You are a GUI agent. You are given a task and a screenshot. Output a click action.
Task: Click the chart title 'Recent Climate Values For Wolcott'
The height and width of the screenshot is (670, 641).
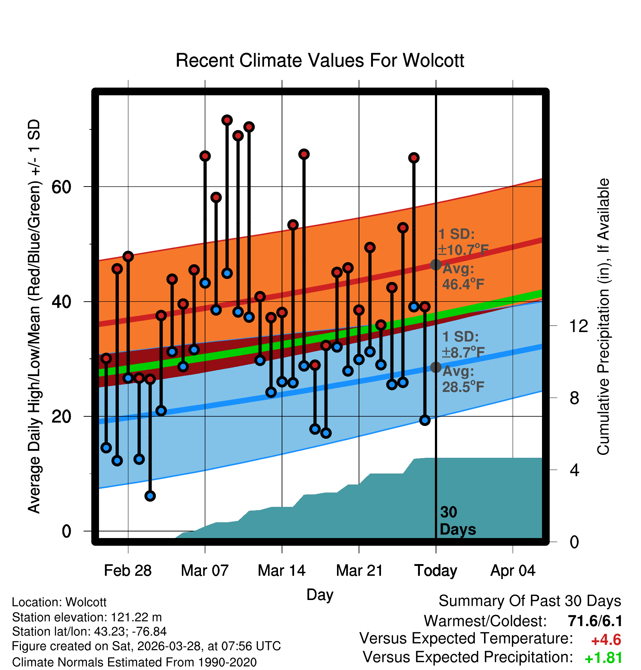[x=320, y=60]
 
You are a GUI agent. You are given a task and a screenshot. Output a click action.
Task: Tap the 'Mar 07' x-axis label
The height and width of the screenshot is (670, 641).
[x=205, y=571]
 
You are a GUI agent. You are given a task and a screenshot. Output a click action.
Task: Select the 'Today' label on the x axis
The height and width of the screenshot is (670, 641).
[x=436, y=571]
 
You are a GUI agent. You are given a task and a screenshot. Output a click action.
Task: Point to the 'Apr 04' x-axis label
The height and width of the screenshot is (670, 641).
[x=513, y=571]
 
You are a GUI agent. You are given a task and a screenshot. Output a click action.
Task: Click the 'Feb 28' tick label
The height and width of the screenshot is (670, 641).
[x=128, y=571]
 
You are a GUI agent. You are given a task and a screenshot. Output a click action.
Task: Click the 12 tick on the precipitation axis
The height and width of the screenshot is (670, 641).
[x=579, y=326]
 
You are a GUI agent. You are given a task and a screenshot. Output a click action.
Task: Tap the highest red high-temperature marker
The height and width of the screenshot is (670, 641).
[x=227, y=120]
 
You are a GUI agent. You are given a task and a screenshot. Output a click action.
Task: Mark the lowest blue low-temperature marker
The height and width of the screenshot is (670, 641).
[x=150, y=496]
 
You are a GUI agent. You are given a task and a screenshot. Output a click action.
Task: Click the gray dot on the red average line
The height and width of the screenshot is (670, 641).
[x=436, y=265]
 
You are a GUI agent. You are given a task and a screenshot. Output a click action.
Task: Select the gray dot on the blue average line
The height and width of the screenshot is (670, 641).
[x=436, y=367]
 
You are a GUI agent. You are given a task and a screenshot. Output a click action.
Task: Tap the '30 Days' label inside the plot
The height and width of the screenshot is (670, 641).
[x=458, y=521]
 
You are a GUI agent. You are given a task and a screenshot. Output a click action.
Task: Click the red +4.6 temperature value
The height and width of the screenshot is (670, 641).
[x=606, y=640]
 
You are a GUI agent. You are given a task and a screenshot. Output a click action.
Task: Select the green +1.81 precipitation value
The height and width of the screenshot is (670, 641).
[x=604, y=658]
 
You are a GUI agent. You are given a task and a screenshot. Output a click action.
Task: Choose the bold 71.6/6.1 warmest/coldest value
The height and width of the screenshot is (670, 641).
[x=595, y=621]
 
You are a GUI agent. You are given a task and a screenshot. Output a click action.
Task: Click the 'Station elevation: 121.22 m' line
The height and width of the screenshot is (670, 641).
[x=87, y=617]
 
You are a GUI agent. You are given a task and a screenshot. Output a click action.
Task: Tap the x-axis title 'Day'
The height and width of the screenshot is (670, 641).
[x=320, y=595]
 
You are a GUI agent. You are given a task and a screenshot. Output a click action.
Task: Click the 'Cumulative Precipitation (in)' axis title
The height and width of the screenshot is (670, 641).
[x=603, y=317]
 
